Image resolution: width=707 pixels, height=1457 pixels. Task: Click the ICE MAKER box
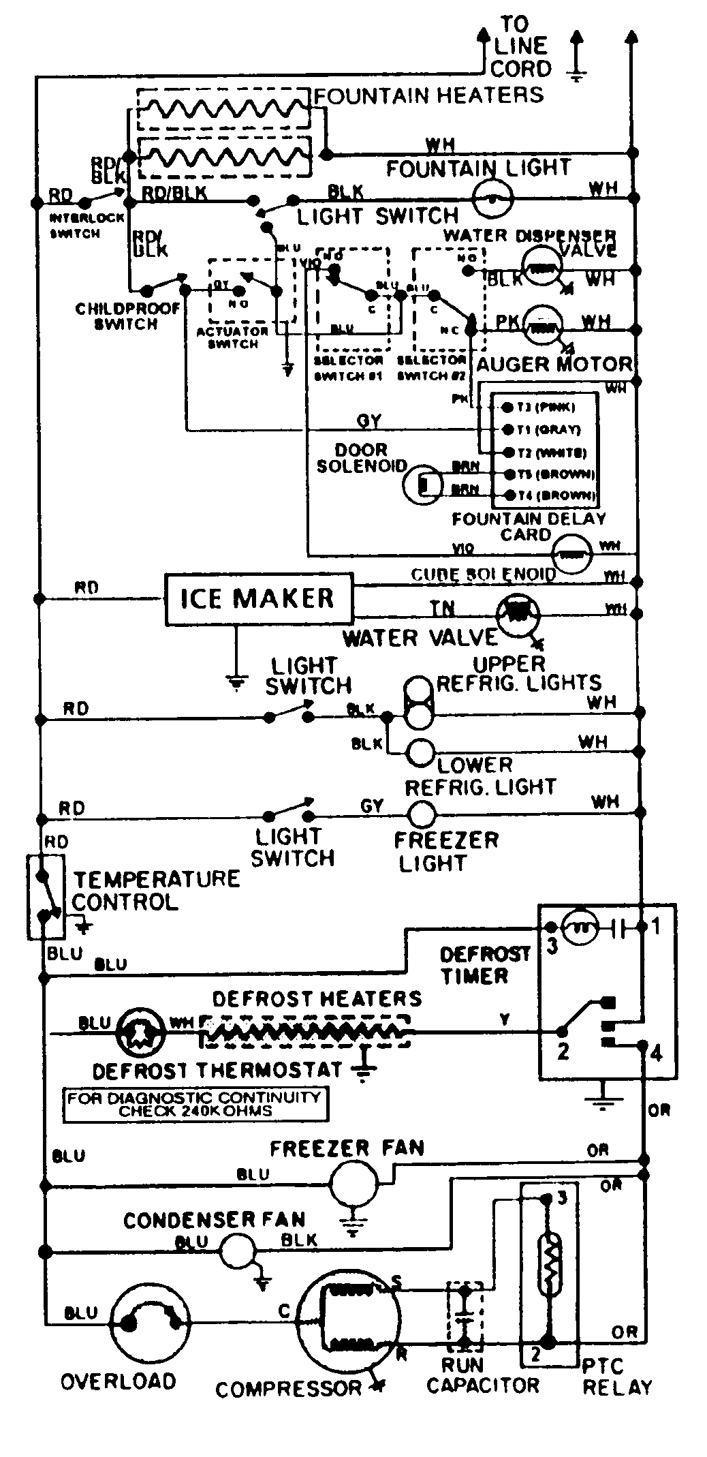point(259,599)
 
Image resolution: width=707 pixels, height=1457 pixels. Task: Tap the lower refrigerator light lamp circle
point(420,752)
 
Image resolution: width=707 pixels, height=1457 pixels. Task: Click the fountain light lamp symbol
point(492,198)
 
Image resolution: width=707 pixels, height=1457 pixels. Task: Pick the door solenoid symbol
point(421,485)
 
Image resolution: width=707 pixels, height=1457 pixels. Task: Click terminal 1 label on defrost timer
point(655,927)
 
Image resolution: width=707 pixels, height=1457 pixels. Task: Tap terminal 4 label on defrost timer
point(656,1054)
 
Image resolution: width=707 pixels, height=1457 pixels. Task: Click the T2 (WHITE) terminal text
point(550,453)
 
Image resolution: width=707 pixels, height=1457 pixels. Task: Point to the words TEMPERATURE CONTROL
point(156,890)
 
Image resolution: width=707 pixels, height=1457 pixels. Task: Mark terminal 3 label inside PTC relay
point(561,1198)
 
